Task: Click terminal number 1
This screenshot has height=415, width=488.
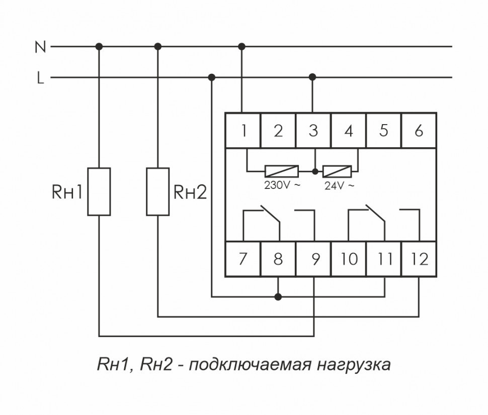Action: [243, 131]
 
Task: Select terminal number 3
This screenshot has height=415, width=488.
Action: [313, 131]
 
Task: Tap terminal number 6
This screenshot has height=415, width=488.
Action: [419, 131]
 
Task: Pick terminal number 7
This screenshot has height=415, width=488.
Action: [243, 259]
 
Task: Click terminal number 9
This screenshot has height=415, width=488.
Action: [313, 259]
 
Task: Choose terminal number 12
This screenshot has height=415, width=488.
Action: [419, 259]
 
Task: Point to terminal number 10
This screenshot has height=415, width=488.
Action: [349, 259]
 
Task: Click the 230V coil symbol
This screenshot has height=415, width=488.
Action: [281, 171]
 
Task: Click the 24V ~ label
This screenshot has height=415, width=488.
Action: [339, 185]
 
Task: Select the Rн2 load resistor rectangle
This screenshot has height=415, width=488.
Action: [158, 191]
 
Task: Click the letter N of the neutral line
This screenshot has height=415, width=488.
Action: [40, 47]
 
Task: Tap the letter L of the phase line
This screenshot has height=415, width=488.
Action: [40, 78]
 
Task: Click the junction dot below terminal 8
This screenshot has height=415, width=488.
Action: [278, 297]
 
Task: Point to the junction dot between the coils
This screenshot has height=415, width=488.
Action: [315, 171]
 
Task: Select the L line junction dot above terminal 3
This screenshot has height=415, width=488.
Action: [313, 77]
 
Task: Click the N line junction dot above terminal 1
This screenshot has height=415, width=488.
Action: [242, 46]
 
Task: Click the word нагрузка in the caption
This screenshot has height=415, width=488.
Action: [353, 364]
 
